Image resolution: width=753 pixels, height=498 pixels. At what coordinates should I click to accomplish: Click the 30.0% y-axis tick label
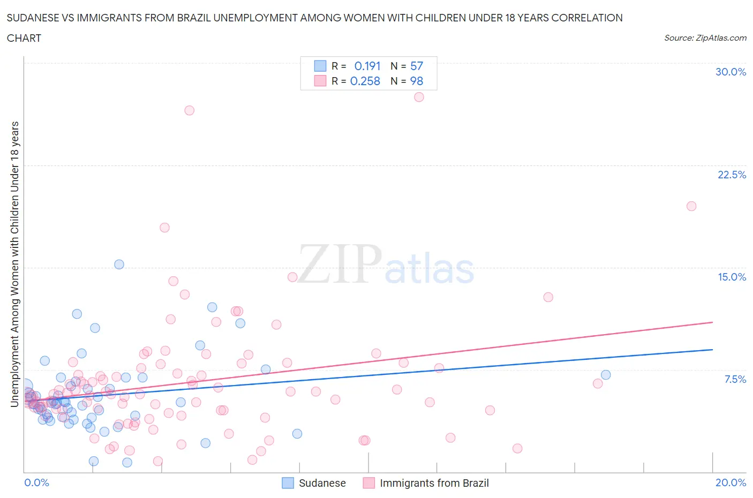pos(731,72)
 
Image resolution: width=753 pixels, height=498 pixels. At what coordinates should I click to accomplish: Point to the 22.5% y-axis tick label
pos(732,175)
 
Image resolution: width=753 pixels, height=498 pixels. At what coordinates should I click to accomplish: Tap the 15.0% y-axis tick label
pos(732,277)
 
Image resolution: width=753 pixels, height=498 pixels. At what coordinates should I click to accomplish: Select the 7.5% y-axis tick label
pos(735,379)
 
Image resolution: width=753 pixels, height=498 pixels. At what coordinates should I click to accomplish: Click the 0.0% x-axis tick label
pos(36,482)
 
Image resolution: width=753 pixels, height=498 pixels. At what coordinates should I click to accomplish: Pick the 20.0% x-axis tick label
pos(731,482)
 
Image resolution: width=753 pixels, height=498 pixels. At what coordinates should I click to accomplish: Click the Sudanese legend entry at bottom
pos(314,483)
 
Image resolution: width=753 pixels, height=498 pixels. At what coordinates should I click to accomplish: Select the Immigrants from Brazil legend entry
pos(426,483)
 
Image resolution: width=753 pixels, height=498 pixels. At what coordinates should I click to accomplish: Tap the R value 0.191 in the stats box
pos(367,66)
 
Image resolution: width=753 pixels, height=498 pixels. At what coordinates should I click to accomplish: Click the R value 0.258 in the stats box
pos(365,81)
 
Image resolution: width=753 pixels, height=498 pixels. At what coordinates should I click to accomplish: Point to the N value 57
pos(417,66)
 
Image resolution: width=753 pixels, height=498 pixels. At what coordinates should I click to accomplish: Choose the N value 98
pos(417,81)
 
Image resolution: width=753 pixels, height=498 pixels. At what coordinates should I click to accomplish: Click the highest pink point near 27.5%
pos(419,97)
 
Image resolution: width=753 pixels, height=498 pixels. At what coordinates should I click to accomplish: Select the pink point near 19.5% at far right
pos(691,206)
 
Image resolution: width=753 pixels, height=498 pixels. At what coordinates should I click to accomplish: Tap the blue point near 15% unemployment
pos(119,265)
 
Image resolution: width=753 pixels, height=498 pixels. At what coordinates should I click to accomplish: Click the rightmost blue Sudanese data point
pos(606,375)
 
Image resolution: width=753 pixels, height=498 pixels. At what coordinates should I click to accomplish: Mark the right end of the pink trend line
pos(712,322)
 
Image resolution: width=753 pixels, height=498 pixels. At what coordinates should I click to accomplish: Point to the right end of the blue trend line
pos(712,349)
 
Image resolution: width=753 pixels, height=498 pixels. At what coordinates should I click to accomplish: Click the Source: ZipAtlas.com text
pos(705,37)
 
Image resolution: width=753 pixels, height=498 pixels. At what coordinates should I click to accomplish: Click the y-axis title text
pos(15,264)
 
